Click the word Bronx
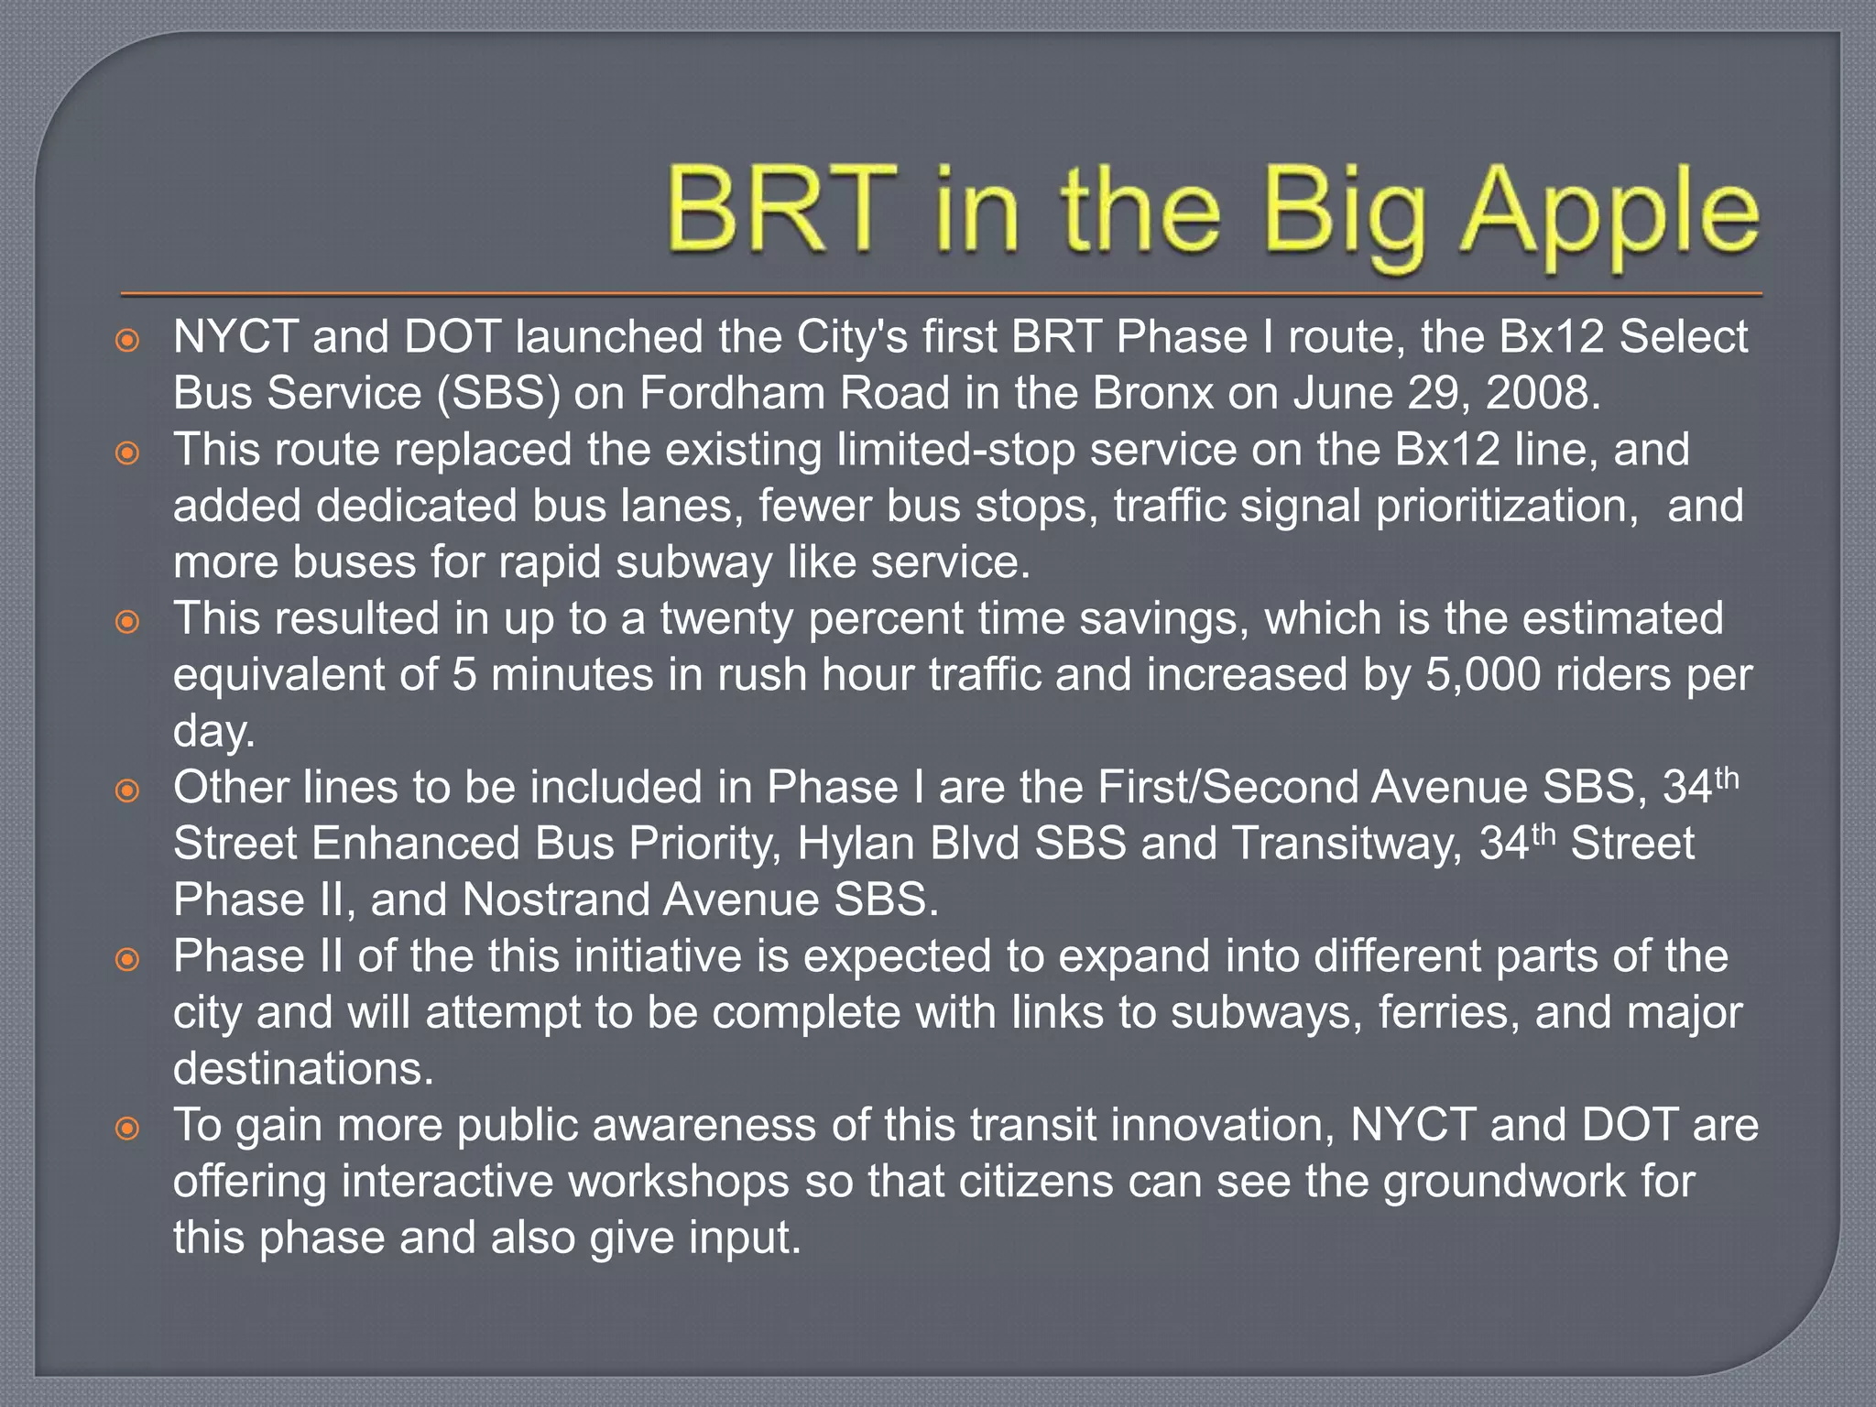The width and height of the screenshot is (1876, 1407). [1151, 394]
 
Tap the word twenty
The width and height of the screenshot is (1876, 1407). [727, 618]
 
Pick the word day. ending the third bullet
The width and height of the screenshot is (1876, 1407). [213, 731]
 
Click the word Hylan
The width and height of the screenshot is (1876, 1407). [856, 844]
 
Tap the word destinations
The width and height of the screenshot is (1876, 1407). [303, 1069]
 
